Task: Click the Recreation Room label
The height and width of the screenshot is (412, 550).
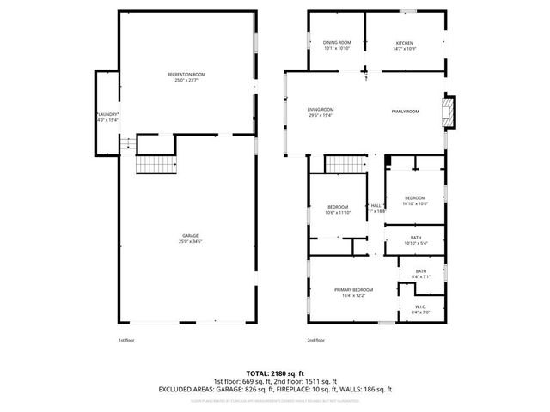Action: [x=186, y=76]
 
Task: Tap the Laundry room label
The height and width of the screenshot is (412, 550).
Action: [x=107, y=114]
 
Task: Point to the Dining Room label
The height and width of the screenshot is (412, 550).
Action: [x=337, y=43]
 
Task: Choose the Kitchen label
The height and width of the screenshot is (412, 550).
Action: [x=404, y=43]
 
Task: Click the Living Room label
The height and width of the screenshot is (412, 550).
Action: [x=321, y=110]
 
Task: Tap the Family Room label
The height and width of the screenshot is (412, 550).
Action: [x=405, y=112]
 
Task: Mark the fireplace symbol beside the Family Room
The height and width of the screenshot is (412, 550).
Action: [x=447, y=112]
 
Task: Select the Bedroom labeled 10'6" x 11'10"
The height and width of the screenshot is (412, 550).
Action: [x=338, y=207]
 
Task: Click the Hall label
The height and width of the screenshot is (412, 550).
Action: [x=376, y=206]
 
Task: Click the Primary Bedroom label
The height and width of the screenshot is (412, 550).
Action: [x=353, y=290]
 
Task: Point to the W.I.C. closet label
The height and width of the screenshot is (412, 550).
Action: [x=421, y=306]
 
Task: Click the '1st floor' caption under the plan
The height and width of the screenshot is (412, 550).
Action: [x=127, y=340]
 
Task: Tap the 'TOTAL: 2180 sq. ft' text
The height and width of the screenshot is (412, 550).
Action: [x=275, y=373]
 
